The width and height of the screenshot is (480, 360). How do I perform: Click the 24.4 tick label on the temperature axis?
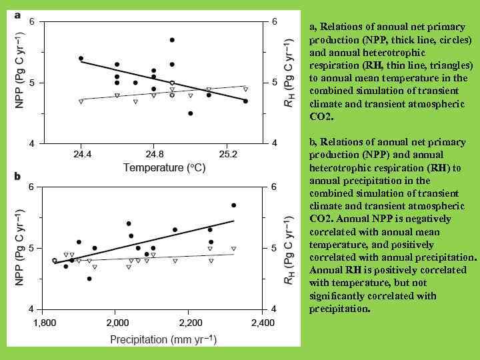click(x=81, y=153)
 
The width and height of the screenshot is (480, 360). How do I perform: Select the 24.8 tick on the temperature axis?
click(x=153, y=153)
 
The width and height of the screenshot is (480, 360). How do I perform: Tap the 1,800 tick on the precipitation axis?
click(x=44, y=323)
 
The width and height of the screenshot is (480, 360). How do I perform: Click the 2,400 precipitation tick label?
click(x=261, y=323)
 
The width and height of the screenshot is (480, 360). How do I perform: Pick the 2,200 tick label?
click(x=189, y=323)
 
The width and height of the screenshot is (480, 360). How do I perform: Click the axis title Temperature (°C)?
click(x=164, y=168)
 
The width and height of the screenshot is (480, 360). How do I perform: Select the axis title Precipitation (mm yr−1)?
click(x=163, y=339)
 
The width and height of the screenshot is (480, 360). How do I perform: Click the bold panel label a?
click(x=17, y=14)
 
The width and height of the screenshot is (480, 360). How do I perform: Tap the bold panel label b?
click(x=17, y=177)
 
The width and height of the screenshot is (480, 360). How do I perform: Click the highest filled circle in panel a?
click(x=172, y=40)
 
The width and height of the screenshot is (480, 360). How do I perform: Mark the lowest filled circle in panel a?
click(x=191, y=113)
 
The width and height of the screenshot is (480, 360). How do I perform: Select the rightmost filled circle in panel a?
click(x=245, y=101)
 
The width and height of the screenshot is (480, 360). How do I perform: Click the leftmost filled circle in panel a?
click(x=81, y=59)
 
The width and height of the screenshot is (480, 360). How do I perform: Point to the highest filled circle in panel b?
click(x=233, y=205)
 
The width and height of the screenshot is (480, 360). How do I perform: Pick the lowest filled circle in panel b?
click(x=89, y=279)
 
